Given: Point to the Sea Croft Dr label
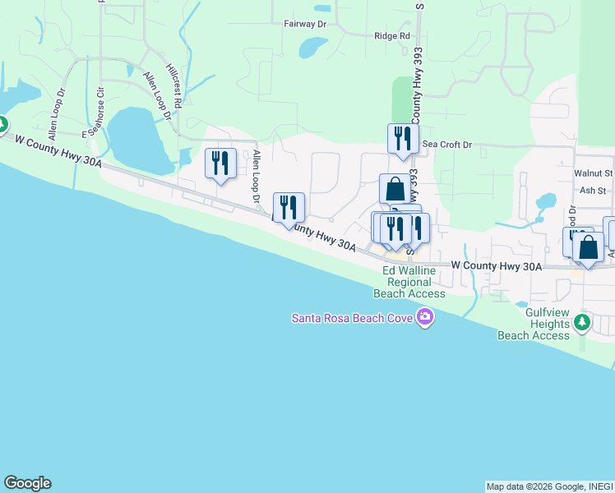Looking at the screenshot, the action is (446, 145).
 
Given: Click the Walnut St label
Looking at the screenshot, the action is (593, 173).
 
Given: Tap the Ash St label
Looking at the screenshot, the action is (592, 190).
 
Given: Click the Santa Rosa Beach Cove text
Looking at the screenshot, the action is (354, 317).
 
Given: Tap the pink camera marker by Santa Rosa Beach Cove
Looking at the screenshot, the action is (424, 316).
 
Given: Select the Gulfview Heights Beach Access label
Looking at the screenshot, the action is (534, 324).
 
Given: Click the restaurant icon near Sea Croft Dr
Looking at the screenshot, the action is (403, 137).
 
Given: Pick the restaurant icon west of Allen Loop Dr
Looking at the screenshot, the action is (220, 162).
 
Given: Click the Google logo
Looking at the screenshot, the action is (27, 483).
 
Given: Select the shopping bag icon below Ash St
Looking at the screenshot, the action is (588, 247).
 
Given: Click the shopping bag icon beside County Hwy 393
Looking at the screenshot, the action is (395, 189).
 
